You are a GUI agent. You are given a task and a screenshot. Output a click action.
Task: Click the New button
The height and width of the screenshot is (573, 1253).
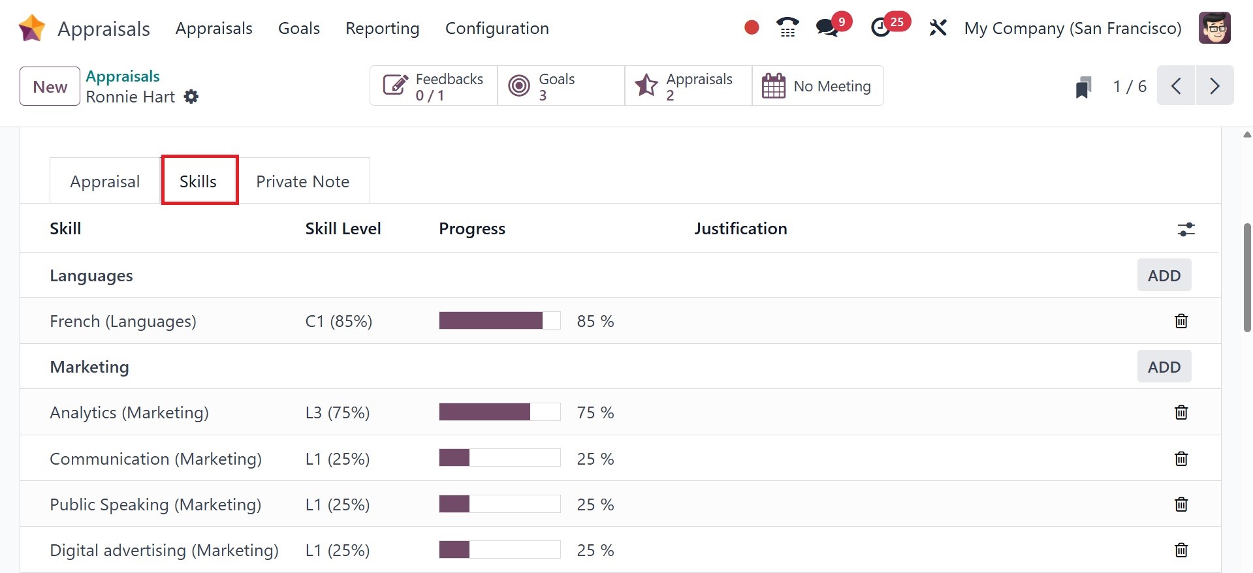(50, 86)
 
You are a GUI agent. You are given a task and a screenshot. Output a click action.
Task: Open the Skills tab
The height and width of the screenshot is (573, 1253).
(198, 181)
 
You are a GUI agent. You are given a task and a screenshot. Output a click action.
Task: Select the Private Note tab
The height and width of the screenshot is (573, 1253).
(302, 181)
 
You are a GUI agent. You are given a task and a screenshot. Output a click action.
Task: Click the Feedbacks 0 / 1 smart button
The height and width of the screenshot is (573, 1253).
(434, 85)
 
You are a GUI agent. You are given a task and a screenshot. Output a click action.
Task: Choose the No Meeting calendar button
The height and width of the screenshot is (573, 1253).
(817, 85)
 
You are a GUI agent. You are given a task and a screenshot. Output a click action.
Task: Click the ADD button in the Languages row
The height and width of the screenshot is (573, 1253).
(1164, 275)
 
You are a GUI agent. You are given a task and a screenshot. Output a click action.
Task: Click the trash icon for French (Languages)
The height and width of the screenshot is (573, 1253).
(1181, 321)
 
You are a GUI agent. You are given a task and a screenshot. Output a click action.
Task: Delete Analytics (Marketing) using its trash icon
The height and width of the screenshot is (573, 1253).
(1181, 412)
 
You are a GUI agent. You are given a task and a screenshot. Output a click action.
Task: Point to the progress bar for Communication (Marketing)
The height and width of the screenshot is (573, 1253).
(500, 458)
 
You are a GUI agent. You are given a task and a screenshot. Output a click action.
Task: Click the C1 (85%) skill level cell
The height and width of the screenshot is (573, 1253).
(339, 321)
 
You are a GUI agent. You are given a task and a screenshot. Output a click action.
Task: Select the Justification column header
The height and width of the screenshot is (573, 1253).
(740, 228)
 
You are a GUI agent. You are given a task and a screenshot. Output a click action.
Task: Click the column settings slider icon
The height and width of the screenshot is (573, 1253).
(1186, 229)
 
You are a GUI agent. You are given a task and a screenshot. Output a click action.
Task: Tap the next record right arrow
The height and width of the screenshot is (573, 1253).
(1214, 85)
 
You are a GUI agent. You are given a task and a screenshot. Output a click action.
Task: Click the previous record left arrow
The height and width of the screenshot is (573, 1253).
(1176, 85)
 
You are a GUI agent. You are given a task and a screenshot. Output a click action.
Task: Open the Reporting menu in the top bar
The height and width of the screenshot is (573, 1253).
(382, 28)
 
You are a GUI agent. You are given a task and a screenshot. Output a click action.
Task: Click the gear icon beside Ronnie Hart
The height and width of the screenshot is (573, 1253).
(191, 97)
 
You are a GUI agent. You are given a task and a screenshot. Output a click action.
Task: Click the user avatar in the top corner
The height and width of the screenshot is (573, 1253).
(1214, 28)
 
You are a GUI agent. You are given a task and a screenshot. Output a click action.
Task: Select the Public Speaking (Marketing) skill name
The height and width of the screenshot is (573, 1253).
(155, 504)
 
